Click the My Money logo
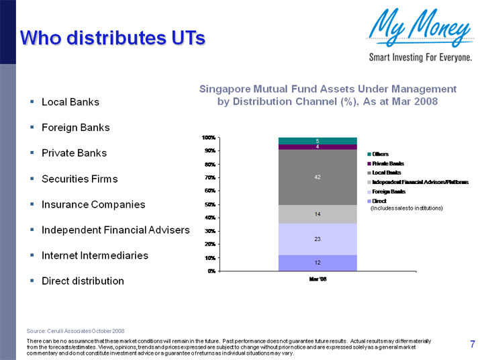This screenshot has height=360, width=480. [420, 34]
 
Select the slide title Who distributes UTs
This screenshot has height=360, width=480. [112, 38]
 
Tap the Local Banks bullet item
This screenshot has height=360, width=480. [70, 102]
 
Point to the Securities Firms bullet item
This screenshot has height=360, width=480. [79, 179]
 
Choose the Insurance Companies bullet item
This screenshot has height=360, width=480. [93, 204]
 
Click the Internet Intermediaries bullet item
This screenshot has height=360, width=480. [95, 255]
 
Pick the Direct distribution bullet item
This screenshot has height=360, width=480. [83, 281]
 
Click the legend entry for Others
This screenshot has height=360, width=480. [381, 154]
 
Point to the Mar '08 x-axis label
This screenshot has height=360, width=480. [318, 277]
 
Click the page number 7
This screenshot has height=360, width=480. [472, 345]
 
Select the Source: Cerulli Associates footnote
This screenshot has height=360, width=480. [75, 331]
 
